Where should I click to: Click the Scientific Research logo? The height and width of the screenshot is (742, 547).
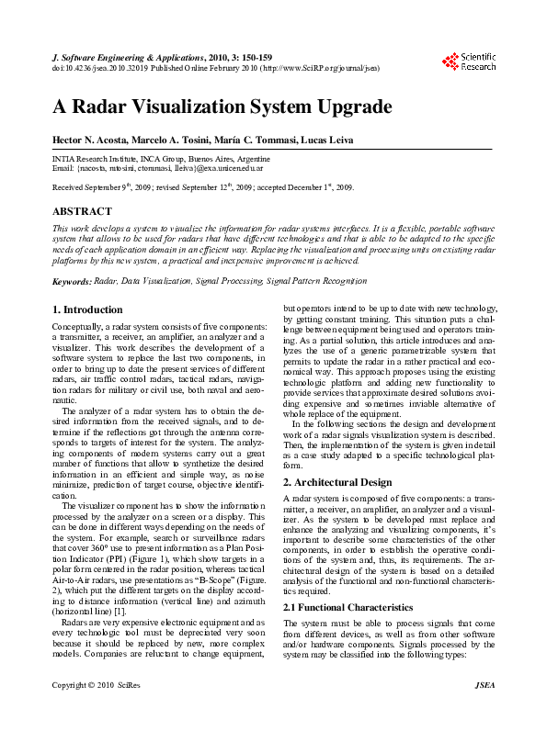point(469,62)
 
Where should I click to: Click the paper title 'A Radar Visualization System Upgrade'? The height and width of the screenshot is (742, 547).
point(222,106)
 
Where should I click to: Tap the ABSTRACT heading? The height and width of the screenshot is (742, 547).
point(83,211)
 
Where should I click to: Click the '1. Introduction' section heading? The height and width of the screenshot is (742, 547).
point(87,309)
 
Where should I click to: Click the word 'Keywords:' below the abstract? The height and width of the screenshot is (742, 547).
point(72,281)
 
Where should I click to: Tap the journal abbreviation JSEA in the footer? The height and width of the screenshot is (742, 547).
point(484,710)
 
